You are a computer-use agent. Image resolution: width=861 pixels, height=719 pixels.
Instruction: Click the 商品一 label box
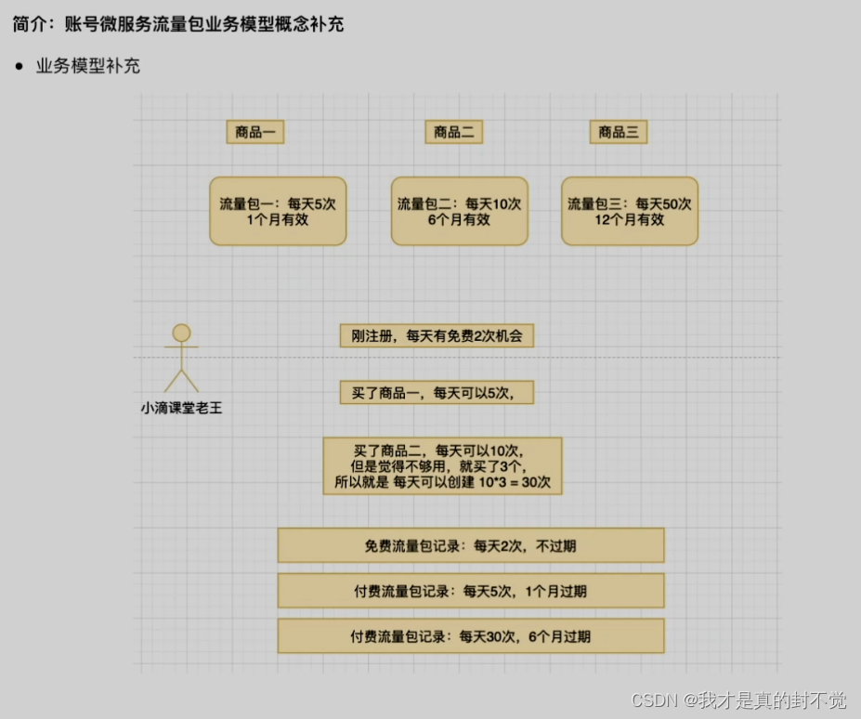[254, 132]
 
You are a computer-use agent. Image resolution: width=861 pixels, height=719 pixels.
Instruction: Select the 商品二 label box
[454, 132]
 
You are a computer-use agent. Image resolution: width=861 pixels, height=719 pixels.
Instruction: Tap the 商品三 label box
[618, 132]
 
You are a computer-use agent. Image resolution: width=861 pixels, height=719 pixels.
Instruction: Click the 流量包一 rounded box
[278, 211]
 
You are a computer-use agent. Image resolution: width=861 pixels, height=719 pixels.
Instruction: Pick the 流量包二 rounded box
[459, 211]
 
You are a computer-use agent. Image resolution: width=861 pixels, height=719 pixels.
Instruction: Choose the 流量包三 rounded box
[630, 211]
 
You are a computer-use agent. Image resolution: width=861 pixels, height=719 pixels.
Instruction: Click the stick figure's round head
[181, 333]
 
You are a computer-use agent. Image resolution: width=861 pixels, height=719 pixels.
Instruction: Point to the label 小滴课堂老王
[182, 407]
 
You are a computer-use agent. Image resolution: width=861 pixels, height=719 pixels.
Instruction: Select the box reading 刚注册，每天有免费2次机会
[437, 335]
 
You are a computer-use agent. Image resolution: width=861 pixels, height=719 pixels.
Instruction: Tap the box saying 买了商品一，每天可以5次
[437, 393]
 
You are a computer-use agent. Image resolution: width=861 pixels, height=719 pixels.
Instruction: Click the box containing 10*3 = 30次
[442, 465]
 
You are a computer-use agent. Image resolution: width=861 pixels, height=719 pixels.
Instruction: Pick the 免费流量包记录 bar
[471, 545]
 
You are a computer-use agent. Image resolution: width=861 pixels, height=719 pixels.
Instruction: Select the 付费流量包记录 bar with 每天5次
[471, 591]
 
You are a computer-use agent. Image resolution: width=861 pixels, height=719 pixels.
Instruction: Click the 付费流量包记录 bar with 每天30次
[471, 636]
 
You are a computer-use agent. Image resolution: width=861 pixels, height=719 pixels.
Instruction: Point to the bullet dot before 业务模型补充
[19, 67]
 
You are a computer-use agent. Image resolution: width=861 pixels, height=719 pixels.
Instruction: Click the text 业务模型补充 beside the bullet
[88, 67]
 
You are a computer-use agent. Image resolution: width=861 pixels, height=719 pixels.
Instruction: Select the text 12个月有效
[630, 220]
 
